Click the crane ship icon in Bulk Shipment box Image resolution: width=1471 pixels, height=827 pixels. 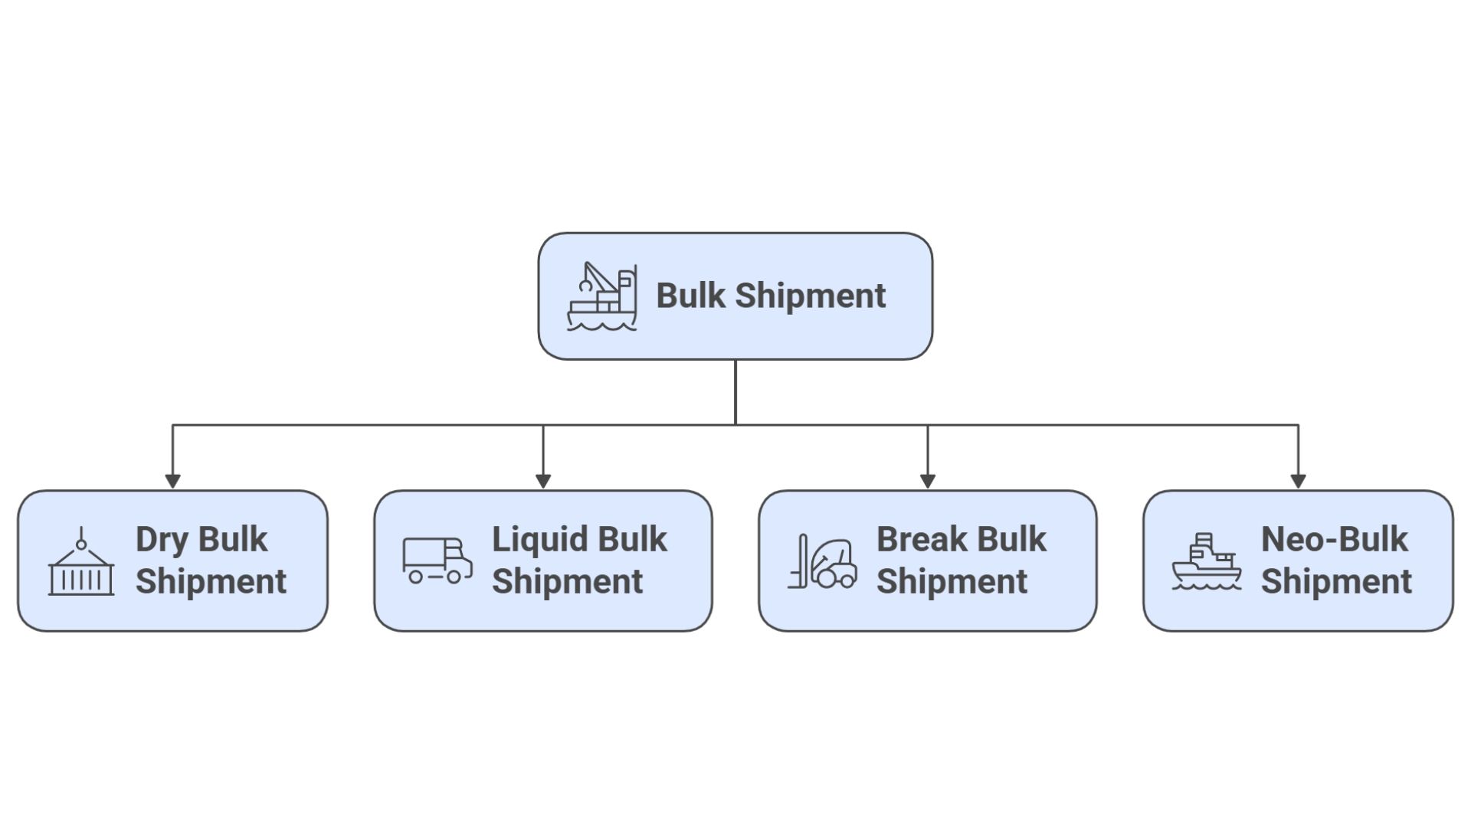coord(601,297)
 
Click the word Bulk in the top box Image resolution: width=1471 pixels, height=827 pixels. coord(690,296)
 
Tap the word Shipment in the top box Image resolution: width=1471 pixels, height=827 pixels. coord(810,296)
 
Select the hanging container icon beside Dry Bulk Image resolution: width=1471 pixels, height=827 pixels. coord(81,562)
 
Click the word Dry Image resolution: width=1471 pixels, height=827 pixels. coord(162,540)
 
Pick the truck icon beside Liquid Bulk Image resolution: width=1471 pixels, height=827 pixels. coord(437,561)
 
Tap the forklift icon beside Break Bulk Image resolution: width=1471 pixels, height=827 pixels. coord(823,562)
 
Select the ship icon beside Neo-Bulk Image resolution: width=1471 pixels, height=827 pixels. coord(1206,562)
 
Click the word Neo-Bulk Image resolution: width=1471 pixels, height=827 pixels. coord(1334,540)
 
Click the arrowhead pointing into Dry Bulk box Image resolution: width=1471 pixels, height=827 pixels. coord(172,481)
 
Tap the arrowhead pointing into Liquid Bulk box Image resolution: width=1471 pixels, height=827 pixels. coord(543,481)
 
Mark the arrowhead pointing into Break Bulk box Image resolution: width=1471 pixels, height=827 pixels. coord(927,481)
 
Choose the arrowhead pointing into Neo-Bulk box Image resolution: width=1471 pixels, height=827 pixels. coord(1298,481)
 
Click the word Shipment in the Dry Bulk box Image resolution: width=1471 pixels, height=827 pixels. coord(211,582)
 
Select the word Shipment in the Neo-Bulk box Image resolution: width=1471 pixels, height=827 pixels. coord(1336,582)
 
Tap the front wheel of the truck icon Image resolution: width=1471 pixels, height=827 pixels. coord(454,577)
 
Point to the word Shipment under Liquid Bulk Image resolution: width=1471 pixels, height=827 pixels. coord(567,582)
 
